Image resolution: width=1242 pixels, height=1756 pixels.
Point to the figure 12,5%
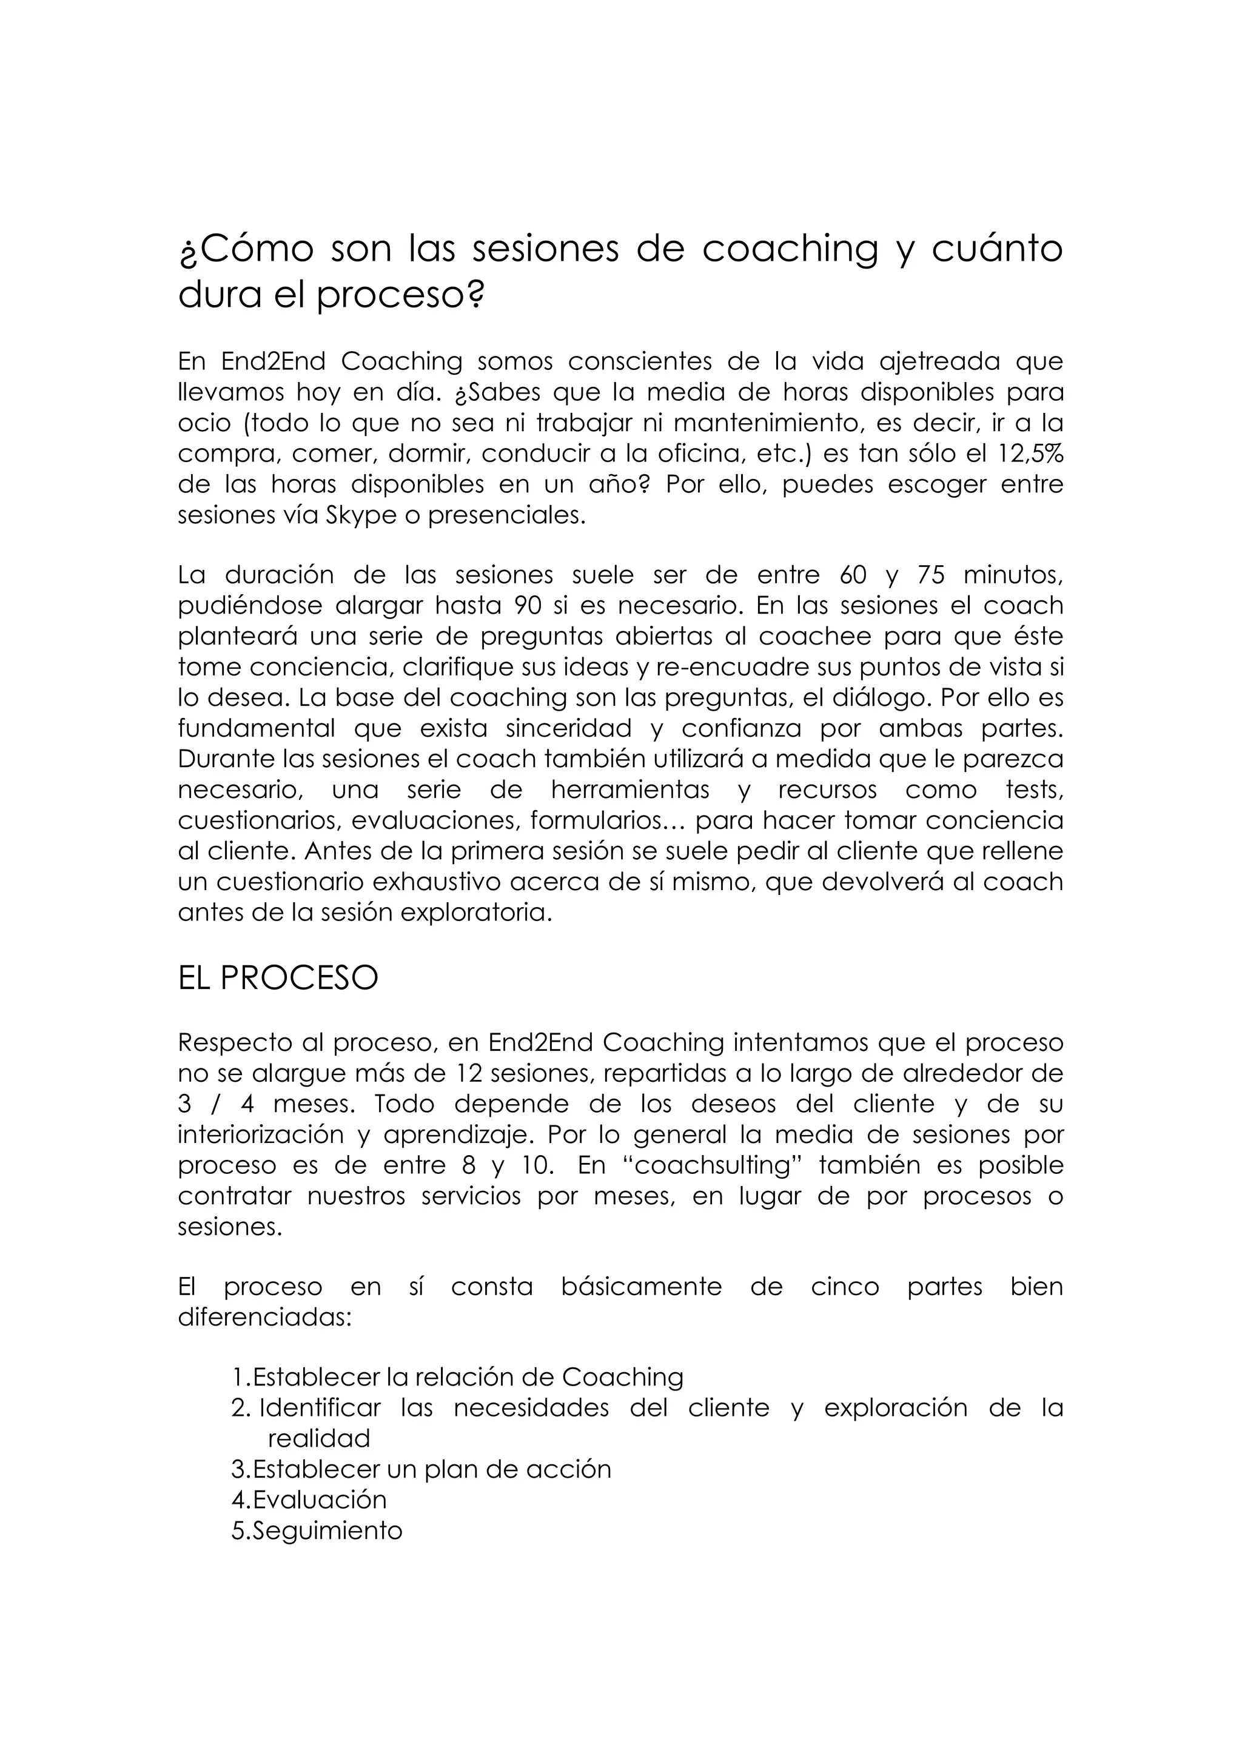coord(1031,454)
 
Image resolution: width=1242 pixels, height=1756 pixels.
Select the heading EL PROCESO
coord(278,978)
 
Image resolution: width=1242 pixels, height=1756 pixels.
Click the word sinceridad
coord(569,728)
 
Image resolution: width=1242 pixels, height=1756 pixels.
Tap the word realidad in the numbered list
coord(319,1439)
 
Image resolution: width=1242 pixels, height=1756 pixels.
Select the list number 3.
coord(238,1469)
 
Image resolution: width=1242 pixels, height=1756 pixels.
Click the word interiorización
coord(260,1135)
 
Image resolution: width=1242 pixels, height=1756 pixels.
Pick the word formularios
coord(598,820)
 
